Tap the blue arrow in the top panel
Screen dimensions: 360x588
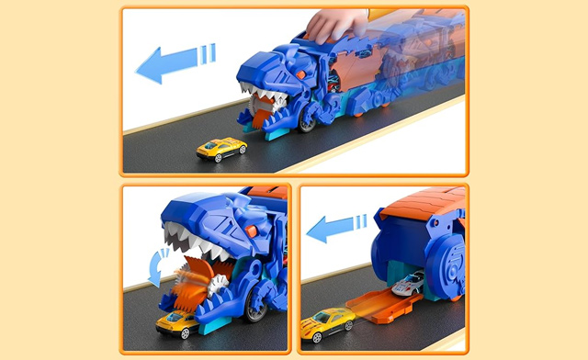(175, 62)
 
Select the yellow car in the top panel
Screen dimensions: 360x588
(221, 148)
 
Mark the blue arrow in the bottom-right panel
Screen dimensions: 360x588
(336, 227)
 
